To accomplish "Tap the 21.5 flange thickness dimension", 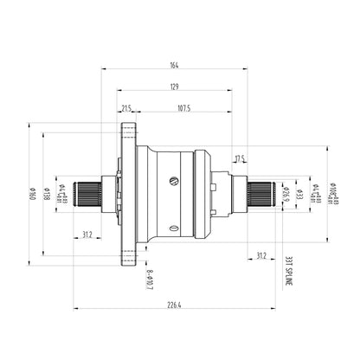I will coord(127,109).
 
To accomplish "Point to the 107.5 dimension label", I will coord(183,109).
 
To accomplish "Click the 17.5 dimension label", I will coord(240,157).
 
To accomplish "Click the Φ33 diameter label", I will coord(297,196).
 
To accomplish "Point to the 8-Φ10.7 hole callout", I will coord(150,279).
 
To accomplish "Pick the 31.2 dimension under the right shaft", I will coord(262,254).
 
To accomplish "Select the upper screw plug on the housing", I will coord(174,181).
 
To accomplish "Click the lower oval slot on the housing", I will coord(176,229).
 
